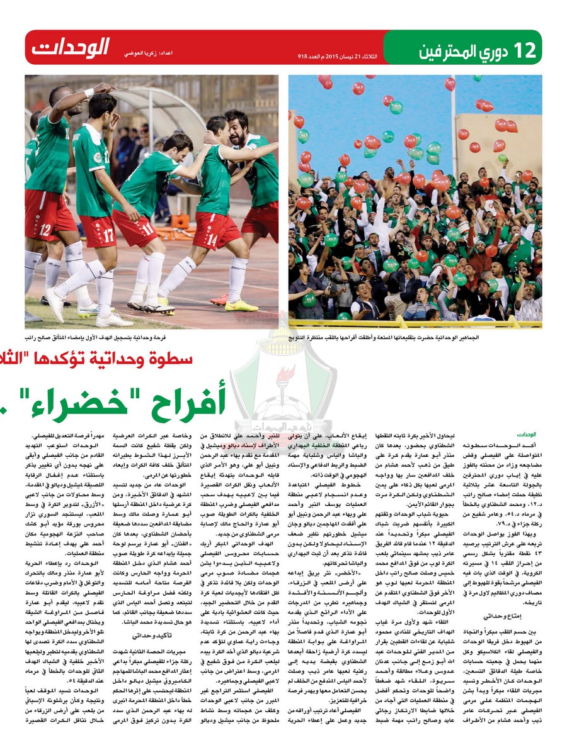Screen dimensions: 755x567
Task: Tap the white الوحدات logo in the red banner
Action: click(x=71, y=47)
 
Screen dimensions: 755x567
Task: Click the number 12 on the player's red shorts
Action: click(x=45, y=229)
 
